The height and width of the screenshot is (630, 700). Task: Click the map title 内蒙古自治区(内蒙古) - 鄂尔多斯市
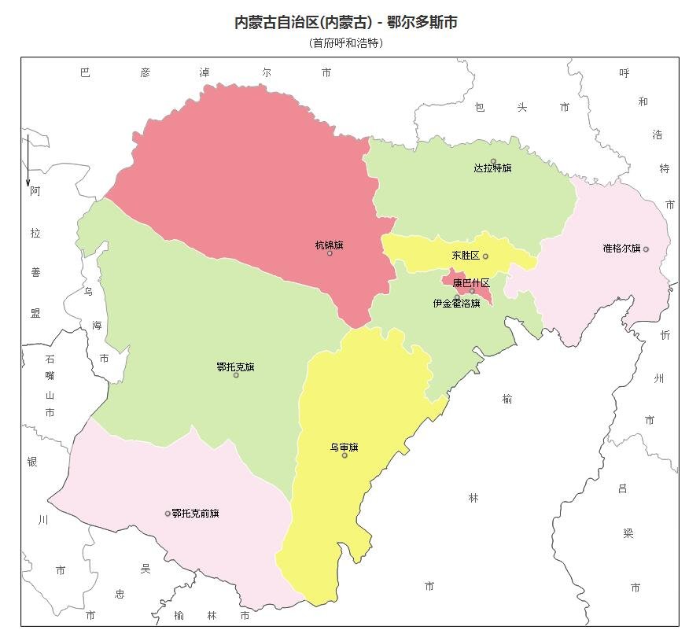[345, 22]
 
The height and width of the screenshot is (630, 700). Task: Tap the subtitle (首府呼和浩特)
[345, 43]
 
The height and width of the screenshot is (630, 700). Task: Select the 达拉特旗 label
[492, 168]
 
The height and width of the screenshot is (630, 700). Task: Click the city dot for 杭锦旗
[330, 253]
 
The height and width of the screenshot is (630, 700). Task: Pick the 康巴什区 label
[470, 282]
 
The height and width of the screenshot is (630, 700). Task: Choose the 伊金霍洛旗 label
[456, 303]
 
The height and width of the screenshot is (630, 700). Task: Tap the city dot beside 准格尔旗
[646, 249]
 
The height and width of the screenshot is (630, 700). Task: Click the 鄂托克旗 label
[235, 367]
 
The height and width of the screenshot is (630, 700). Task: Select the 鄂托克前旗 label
[195, 514]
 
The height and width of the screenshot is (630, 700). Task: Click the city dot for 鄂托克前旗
[168, 514]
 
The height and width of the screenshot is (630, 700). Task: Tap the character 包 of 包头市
[480, 107]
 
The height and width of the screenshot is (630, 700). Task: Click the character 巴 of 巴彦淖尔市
[85, 73]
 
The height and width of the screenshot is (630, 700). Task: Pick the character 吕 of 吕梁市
[623, 488]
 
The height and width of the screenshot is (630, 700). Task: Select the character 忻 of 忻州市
[665, 335]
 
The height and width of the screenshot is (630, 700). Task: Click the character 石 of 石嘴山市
[50, 359]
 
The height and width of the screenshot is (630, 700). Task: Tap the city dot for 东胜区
[485, 256]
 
